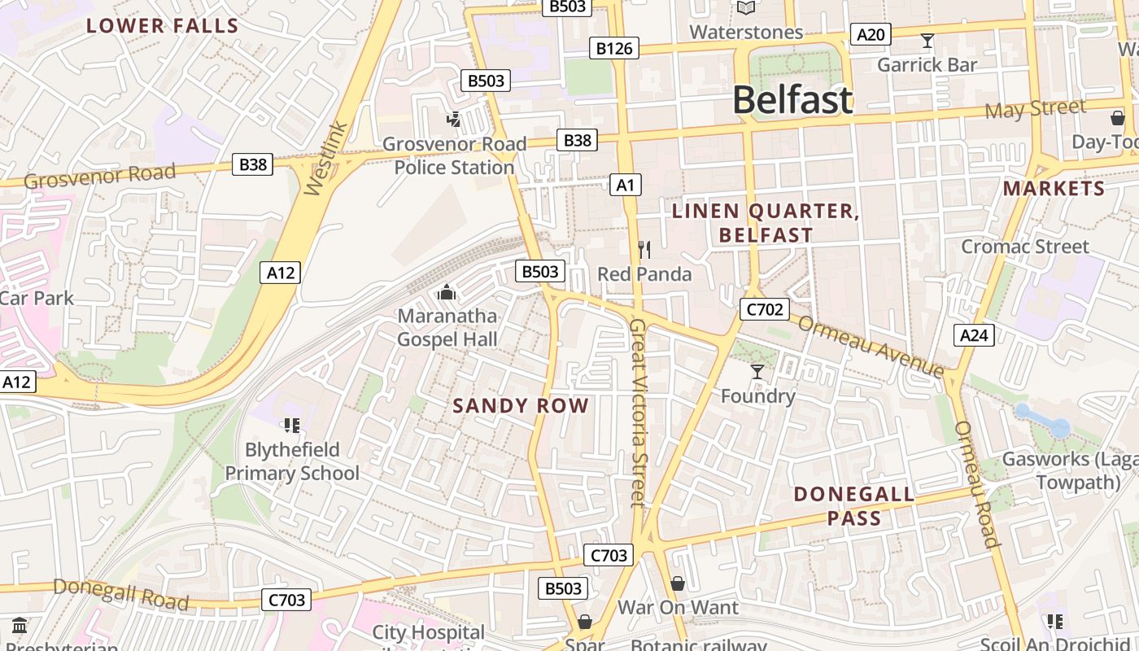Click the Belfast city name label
(792, 100)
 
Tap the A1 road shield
(625, 185)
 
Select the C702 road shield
(764, 308)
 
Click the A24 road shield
(974, 334)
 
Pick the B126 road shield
(614, 49)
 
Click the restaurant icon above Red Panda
(644, 249)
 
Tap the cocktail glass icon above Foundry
(757, 372)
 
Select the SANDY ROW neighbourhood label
(521, 405)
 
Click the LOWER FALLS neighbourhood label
(163, 25)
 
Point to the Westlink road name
(326, 159)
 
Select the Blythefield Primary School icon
(292, 425)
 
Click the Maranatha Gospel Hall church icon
(446, 291)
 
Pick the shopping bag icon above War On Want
(677, 583)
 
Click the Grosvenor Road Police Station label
(454, 155)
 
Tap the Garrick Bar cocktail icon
(927, 40)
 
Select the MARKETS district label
(1054, 189)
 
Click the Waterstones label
(746, 32)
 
